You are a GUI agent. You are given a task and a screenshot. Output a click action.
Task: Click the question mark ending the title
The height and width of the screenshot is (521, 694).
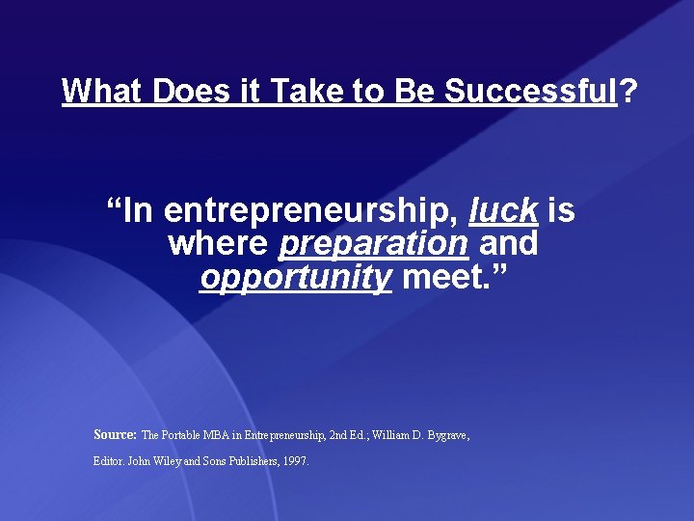(627, 91)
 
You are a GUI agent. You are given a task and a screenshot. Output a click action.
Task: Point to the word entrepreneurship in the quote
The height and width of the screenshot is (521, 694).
(308, 209)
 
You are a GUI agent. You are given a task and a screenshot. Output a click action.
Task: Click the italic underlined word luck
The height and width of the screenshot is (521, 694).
(503, 209)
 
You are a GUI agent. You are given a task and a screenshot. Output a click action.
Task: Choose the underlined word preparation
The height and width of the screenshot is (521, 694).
(374, 243)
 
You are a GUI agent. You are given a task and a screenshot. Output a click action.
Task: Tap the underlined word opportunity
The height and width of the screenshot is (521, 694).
(295, 278)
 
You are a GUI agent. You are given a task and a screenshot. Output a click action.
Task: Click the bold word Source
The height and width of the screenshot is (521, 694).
(116, 435)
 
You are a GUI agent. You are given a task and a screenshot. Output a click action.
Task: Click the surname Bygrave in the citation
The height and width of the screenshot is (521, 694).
(446, 436)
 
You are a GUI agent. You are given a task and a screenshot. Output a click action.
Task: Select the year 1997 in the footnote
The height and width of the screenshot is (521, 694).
(295, 462)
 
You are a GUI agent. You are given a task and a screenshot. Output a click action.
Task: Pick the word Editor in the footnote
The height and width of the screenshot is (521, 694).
(109, 462)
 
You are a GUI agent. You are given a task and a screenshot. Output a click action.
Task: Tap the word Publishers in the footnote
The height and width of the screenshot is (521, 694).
(253, 462)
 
